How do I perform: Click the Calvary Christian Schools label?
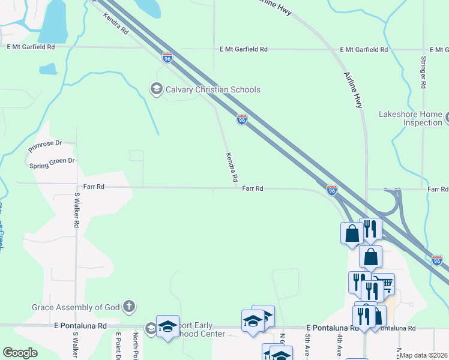(x=213, y=89)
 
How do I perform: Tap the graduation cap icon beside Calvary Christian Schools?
(x=156, y=89)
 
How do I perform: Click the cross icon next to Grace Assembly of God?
(x=128, y=308)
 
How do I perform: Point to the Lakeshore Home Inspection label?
(x=411, y=118)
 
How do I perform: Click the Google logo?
(x=20, y=353)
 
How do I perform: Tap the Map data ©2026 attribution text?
(x=423, y=355)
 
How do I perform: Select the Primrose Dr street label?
(x=45, y=145)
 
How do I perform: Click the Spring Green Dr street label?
(x=52, y=162)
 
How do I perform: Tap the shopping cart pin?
(x=384, y=283)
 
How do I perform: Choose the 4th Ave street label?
(x=339, y=345)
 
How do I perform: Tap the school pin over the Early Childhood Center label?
(x=168, y=326)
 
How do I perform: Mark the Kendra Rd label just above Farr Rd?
(x=231, y=167)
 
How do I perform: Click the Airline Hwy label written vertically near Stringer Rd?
(x=353, y=90)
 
